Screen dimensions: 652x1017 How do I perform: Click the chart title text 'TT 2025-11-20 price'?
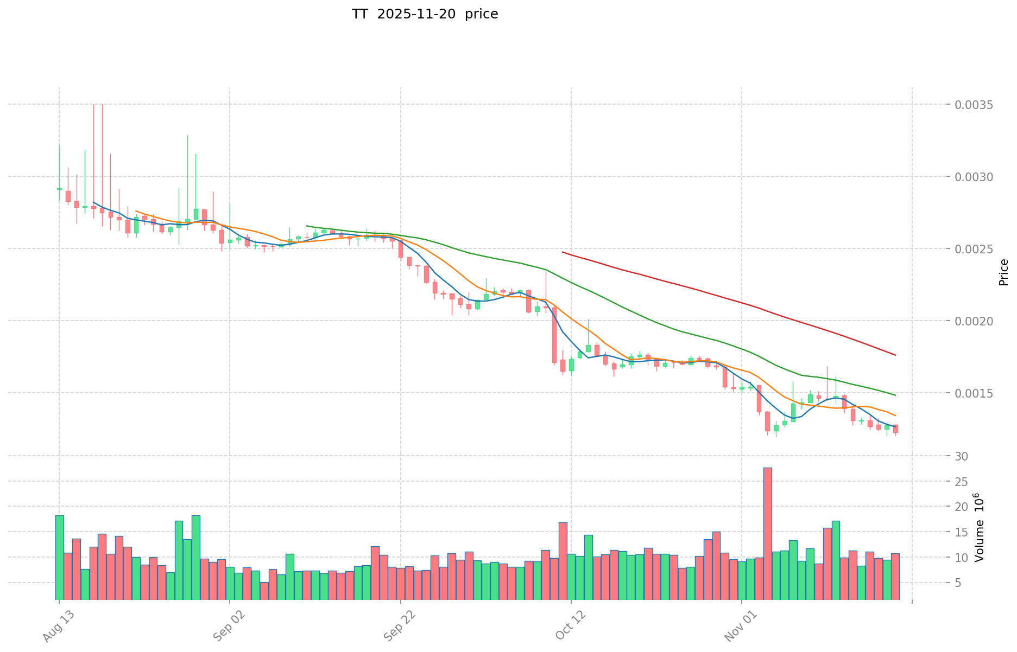pyautogui.click(x=425, y=15)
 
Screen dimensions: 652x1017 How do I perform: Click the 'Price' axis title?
pyautogui.click(x=1003, y=272)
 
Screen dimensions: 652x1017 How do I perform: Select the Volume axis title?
pyautogui.click(x=979, y=527)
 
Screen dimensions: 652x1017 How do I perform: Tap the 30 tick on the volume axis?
pyautogui.click(x=962, y=456)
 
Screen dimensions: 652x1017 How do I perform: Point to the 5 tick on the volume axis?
pyautogui.click(x=958, y=583)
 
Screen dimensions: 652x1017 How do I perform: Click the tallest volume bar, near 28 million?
pyautogui.click(x=767, y=533)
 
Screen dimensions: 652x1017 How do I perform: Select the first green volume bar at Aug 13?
pyautogui.click(x=59, y=557)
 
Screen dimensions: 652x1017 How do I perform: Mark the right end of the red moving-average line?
pyautogui.click(x=895, y=355)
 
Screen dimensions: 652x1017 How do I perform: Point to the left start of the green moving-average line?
pyautogui.click(x=307, y=226)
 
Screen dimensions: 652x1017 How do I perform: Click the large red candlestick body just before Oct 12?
pyautogui.click(x=554, y=335)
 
